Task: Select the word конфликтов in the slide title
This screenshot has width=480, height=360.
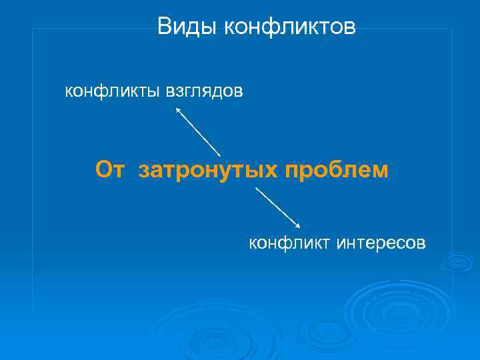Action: tap(290, 27)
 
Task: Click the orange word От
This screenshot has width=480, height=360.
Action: tap(109, 170)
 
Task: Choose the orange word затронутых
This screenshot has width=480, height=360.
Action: tap(208, 171)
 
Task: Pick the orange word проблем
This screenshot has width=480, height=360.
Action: tap(336, 171)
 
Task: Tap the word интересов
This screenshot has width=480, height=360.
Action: tap(380, 243)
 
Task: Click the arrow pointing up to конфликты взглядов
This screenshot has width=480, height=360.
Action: tap(197, 131)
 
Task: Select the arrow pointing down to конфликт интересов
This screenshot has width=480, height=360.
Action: tap(278, 207)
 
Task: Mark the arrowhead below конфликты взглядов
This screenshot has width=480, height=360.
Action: tap(177, 110)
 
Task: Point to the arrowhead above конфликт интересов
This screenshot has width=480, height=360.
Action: tap(297, 226)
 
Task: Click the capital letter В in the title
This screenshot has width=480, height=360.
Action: tap(165, 27)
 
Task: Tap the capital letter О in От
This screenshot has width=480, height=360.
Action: tap(103, 170)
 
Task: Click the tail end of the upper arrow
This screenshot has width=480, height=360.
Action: tap(220, 156)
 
